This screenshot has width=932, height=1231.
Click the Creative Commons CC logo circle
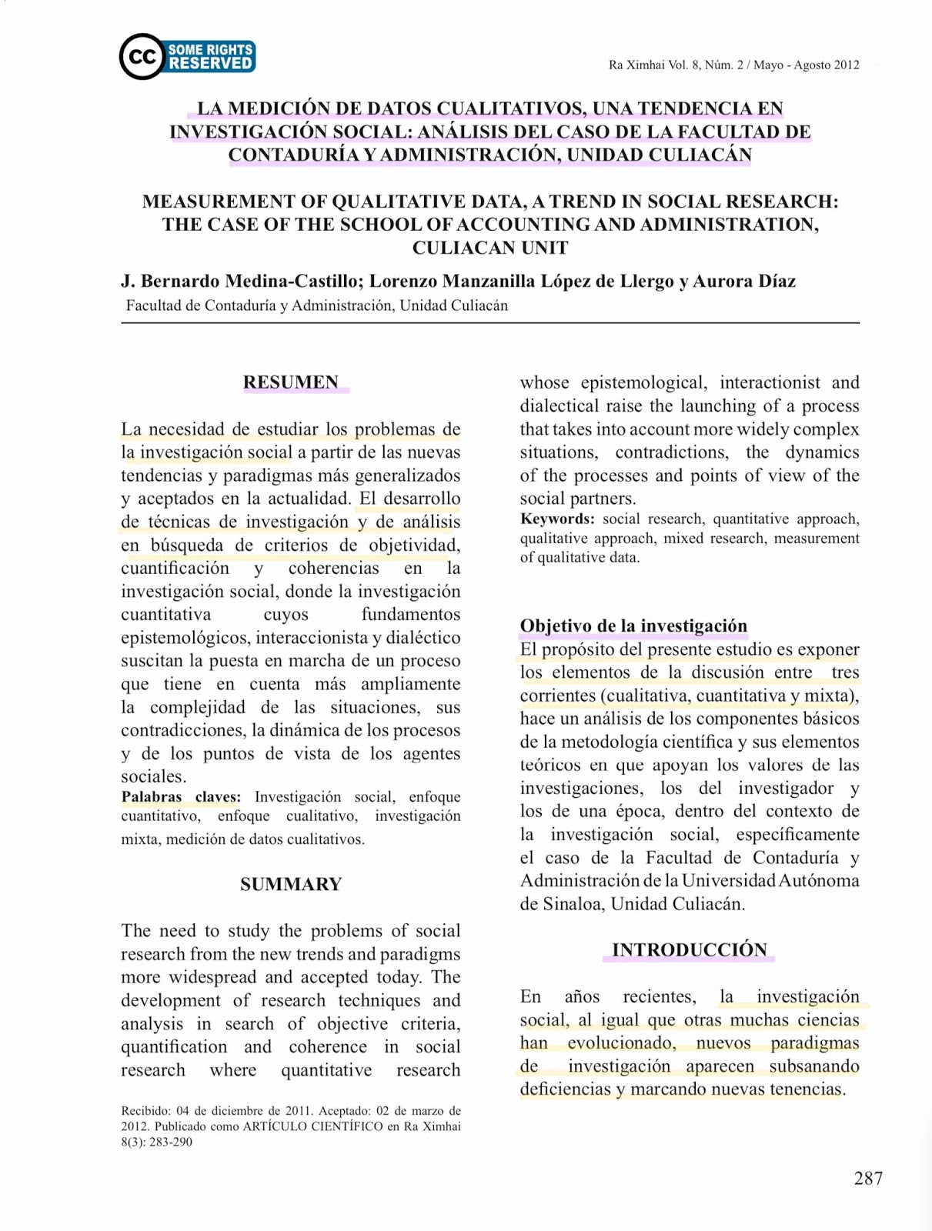[142, 57]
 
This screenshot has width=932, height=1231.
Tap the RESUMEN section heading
[291, 382]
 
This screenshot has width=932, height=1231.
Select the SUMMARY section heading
[291, 884]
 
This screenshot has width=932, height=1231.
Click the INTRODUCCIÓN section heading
[690, 949]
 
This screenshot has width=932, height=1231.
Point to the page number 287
[868, 1178]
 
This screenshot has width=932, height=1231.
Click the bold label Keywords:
[557, 519]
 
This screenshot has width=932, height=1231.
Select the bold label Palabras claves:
[181, 797]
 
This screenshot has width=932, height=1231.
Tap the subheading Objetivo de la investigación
[633, 626]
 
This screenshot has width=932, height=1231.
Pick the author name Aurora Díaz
[744, 281]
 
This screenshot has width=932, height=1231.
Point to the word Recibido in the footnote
[145, 1110]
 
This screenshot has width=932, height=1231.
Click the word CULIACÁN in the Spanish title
[700, 155]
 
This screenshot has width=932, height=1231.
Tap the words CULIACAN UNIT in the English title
[490, 248]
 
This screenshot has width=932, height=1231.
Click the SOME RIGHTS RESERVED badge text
[210, 57]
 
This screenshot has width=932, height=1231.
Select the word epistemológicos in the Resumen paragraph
[185, 638]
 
